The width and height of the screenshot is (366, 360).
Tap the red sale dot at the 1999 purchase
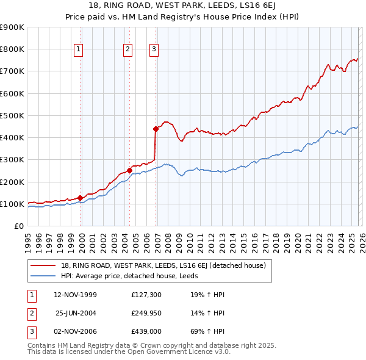coord(80,198)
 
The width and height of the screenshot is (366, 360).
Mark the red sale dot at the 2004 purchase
coord(129,170)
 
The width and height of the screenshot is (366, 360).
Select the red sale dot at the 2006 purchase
coord(155,129)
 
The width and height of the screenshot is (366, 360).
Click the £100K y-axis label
coord(12,204)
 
